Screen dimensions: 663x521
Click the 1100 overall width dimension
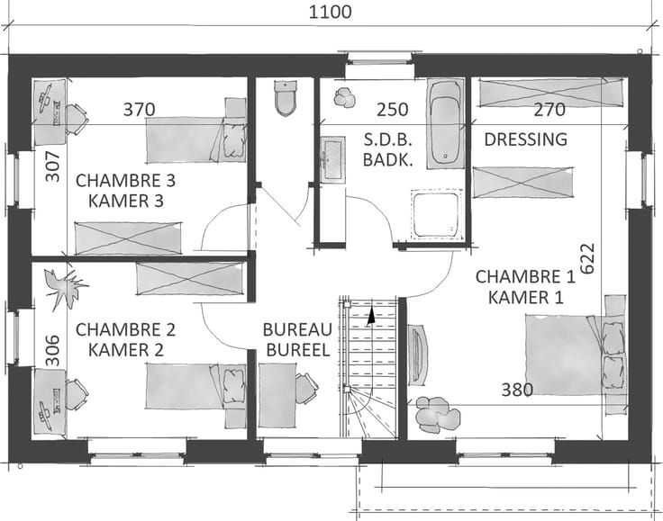click(x=330, y=12)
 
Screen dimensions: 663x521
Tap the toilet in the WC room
click(x=286, y=98)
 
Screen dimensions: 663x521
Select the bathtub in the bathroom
click(x=445, y=123)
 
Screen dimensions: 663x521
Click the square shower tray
click(x=436, y=215)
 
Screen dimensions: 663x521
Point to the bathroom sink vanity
click(x=332, y=159)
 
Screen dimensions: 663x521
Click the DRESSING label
click(x=525, y=139)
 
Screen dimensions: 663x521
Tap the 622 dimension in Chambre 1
click(x=587, y=258)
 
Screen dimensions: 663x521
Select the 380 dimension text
click(x=517, y=390)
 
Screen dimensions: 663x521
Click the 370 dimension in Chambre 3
click(x=139, y=110)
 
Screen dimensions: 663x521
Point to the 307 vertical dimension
click(x=53, y=166)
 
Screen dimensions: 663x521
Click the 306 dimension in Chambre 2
click(x=53, y=350)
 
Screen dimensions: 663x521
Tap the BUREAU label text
click(x=297, y=329)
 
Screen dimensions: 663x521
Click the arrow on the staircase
click(x=371, y=317)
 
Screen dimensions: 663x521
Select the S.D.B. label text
click(x=387, y=139)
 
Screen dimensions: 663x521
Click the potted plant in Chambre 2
click(x=65, y=288)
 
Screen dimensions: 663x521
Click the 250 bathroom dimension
click(x=393, y=110)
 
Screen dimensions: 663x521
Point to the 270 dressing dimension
click(x=549, y=110)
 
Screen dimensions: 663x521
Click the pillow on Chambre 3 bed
click(x=234, y=139)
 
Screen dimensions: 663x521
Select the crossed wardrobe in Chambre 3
click(x=129, y=238)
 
